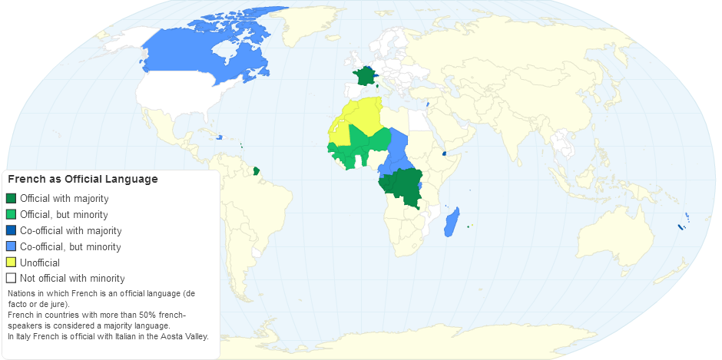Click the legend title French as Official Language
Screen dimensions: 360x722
point(83,179)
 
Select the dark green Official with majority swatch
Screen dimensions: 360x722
point(11,199)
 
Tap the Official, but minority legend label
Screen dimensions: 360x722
point(64,215)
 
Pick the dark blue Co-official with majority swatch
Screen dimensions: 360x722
point(11,230)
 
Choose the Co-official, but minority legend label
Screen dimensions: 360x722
point(71,246)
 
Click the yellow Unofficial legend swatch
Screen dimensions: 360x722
point(11,263)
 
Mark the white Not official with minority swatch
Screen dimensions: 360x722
point(11,279)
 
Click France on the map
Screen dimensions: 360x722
point(363,76)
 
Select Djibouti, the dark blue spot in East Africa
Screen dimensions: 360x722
point(444,154)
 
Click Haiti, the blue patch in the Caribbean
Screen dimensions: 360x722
point(219,137)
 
